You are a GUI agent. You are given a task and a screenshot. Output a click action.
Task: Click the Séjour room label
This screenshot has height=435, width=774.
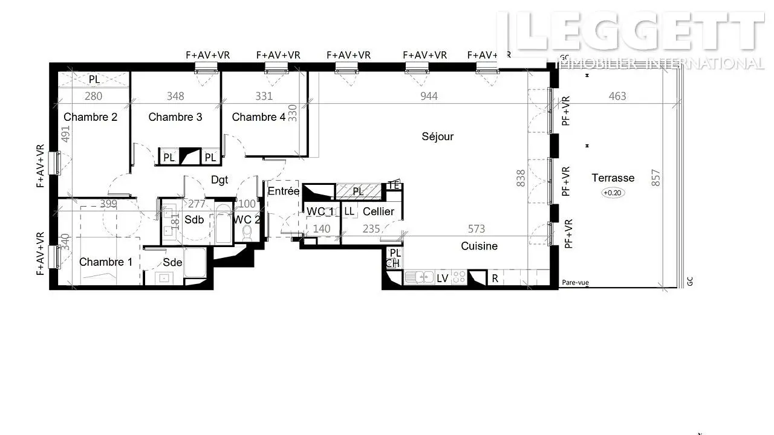point(437,137)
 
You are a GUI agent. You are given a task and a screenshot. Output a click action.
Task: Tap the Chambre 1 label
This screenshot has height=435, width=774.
point(106,262)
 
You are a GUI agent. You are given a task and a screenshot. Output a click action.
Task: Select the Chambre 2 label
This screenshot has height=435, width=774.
point(91,117)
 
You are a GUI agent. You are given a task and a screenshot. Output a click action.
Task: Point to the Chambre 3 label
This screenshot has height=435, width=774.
point(175,117)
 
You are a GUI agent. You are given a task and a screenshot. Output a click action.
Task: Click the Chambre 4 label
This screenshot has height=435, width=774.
point(259,117)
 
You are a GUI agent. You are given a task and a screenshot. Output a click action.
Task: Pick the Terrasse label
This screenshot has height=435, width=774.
point(613,178)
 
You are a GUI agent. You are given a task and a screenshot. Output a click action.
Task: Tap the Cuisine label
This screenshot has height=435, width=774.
point(480,246)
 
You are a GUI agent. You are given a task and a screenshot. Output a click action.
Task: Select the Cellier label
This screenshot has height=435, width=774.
point(379,211)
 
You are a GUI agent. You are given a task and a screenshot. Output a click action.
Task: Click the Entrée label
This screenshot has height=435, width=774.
point(284,192)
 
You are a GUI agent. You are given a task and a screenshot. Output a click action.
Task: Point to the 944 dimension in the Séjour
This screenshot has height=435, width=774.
point(429,96)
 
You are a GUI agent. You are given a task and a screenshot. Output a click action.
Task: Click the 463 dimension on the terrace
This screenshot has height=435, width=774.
point(617,96)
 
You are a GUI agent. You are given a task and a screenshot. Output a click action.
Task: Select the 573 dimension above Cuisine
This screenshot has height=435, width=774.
point(476,229)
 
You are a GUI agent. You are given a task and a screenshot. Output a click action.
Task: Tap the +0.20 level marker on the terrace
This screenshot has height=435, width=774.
point(613,193)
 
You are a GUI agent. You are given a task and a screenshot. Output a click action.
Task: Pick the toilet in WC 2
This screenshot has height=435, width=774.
point(247,232)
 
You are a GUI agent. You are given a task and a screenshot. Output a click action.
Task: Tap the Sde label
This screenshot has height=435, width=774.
point(172,262)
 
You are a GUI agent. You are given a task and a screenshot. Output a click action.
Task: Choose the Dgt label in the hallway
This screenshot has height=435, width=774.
point(220,179)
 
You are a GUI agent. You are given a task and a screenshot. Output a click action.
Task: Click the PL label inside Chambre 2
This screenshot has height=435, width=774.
point(94,79)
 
